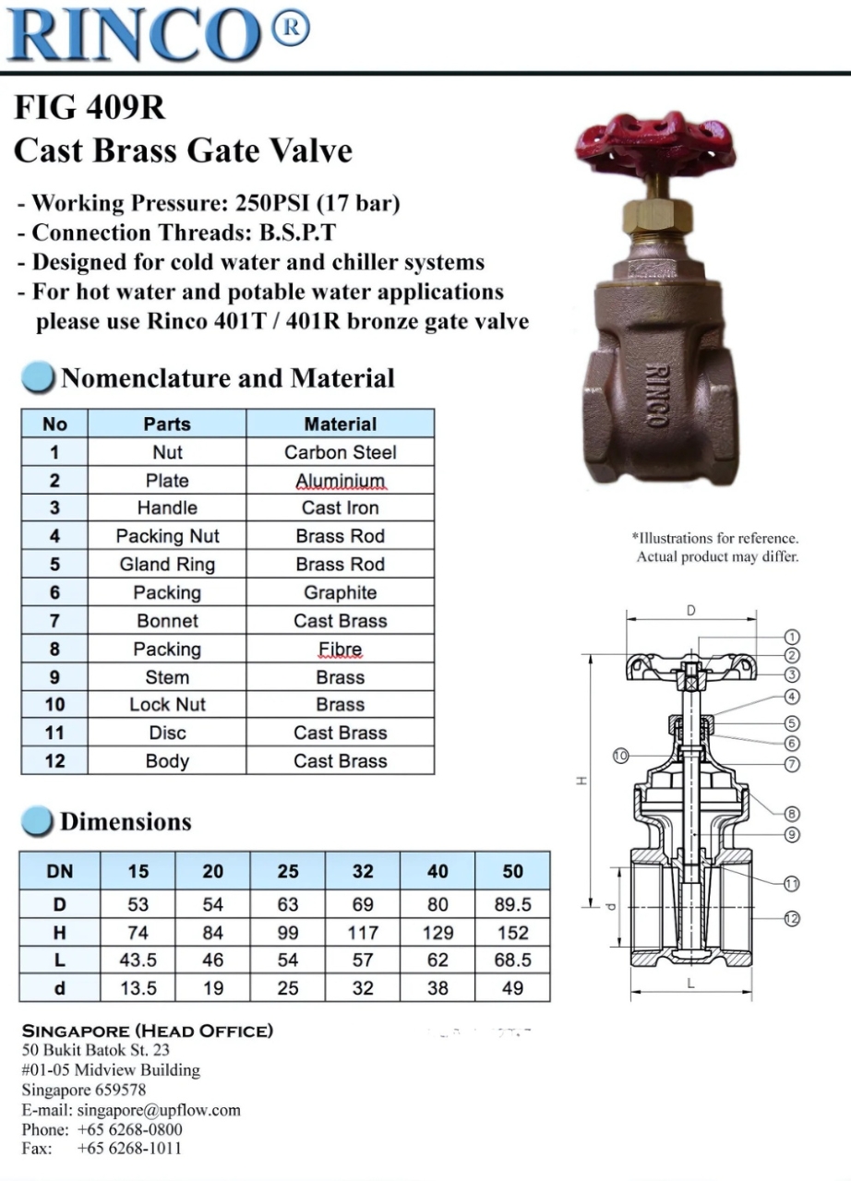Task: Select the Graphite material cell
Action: pyautogui.click(x=340, y=592)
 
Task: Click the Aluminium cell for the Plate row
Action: pyautogui.click(x=340, y=481)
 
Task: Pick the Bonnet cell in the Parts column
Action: pyautogui.click(x=167, y=621)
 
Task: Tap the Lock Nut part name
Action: pyautogui.click(x=167, y=705)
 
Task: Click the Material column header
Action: pyautogui.click(x=340, y=424)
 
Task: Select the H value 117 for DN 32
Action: pyautogui.click(x=363, y=933)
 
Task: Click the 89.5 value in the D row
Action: pyautogui.click(x=512, y=904)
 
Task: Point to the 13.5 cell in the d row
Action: pyautogui.click(x=138, y=988)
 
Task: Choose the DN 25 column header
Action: pyautogui.click(x=288, y=871)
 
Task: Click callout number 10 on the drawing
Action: pyautogui.click(x=620, y=756)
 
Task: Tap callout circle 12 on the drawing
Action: pyautogui.click(x=791, y=918)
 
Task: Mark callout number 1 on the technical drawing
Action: pyautogui.click(x=791, y=637)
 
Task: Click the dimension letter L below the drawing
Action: pyautogui.click(x=690, y=984)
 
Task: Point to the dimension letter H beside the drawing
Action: pyautogui.click(x=581, y=781)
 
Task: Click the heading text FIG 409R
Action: pyautogui.click(x=90, y=109)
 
